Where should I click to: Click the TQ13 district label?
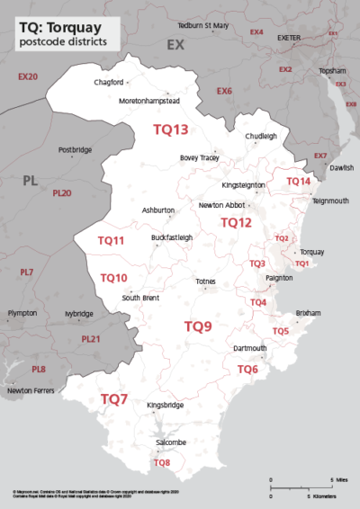(170, 129)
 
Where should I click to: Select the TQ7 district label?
(114, 398)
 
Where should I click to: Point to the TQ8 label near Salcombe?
(162, 463)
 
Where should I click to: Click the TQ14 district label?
(298, 182)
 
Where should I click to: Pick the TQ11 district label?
(111, 241)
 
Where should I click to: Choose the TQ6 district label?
(247, 370)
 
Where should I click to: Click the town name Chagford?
(108, 83)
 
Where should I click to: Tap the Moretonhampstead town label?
(150, 102)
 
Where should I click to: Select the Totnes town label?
(206, 281)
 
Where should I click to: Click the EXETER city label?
(289, 39)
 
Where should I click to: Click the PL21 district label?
(91, 339)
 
